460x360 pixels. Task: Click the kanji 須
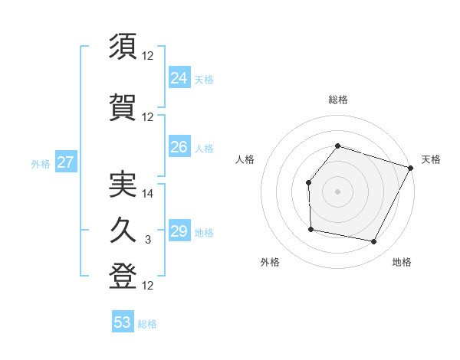(123, 47)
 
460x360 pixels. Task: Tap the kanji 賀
(123, 106)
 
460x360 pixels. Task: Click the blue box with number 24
(179, 77)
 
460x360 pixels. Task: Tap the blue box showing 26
(179, 146)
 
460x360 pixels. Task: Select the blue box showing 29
(179, 231)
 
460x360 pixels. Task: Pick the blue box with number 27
(65, 162)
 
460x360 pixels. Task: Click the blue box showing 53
(122, 322)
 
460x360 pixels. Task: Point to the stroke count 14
(148, 194)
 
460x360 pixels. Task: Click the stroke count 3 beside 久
(148, 240)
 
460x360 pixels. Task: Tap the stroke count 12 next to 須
(148, 56)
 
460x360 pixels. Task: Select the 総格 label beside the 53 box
(147, 324)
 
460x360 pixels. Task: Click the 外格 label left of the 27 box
(40, 163)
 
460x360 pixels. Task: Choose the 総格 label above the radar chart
(337, 100)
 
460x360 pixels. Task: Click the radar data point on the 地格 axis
(374, 242)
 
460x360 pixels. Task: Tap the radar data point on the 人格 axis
(308, 182)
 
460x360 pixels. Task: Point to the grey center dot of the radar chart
(337, 191)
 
